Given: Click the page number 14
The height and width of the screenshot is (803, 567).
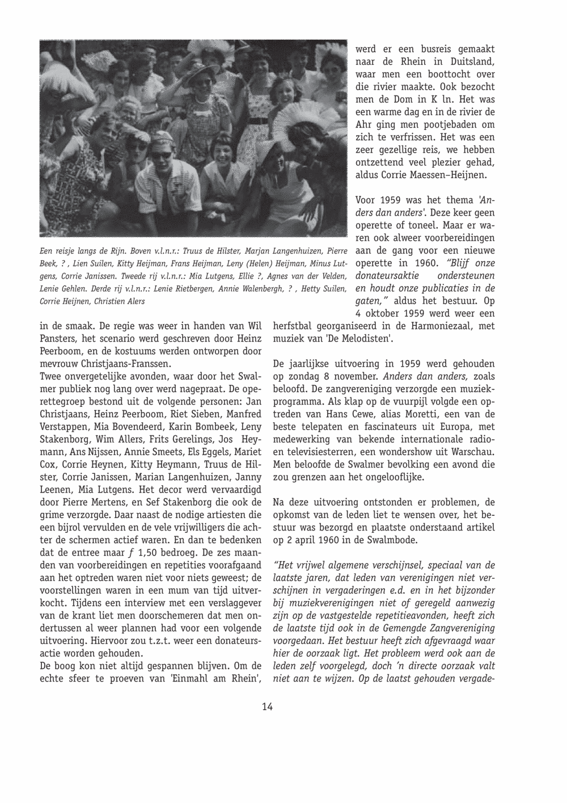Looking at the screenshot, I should pos(268,707).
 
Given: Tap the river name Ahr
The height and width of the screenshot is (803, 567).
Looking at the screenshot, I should pos(365,125).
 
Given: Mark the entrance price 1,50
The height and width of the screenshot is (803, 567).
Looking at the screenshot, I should pos(143,552).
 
